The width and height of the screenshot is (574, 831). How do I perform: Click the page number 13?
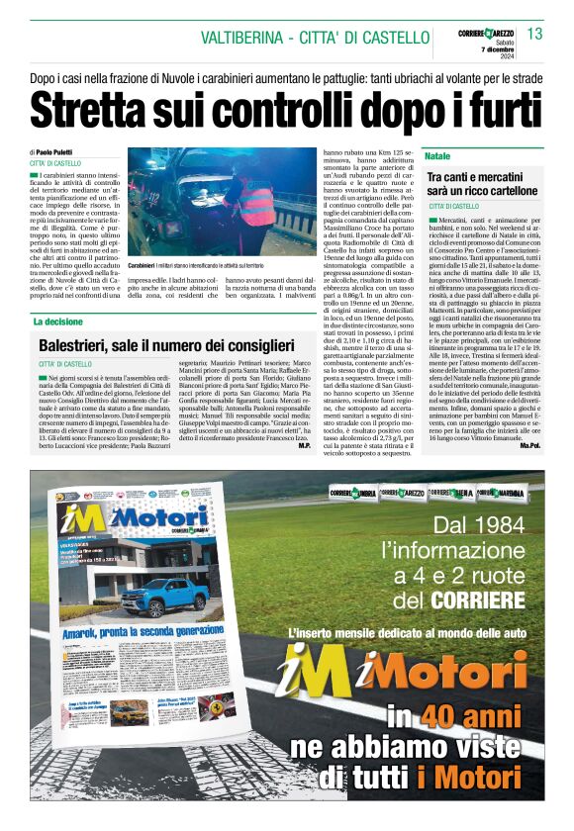coord(535,35)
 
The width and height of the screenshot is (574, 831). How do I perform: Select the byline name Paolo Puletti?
coord(56,151)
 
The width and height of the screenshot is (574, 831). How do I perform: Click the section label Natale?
coord(437,157)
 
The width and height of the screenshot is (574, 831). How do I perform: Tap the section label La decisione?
coord(58,322)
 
